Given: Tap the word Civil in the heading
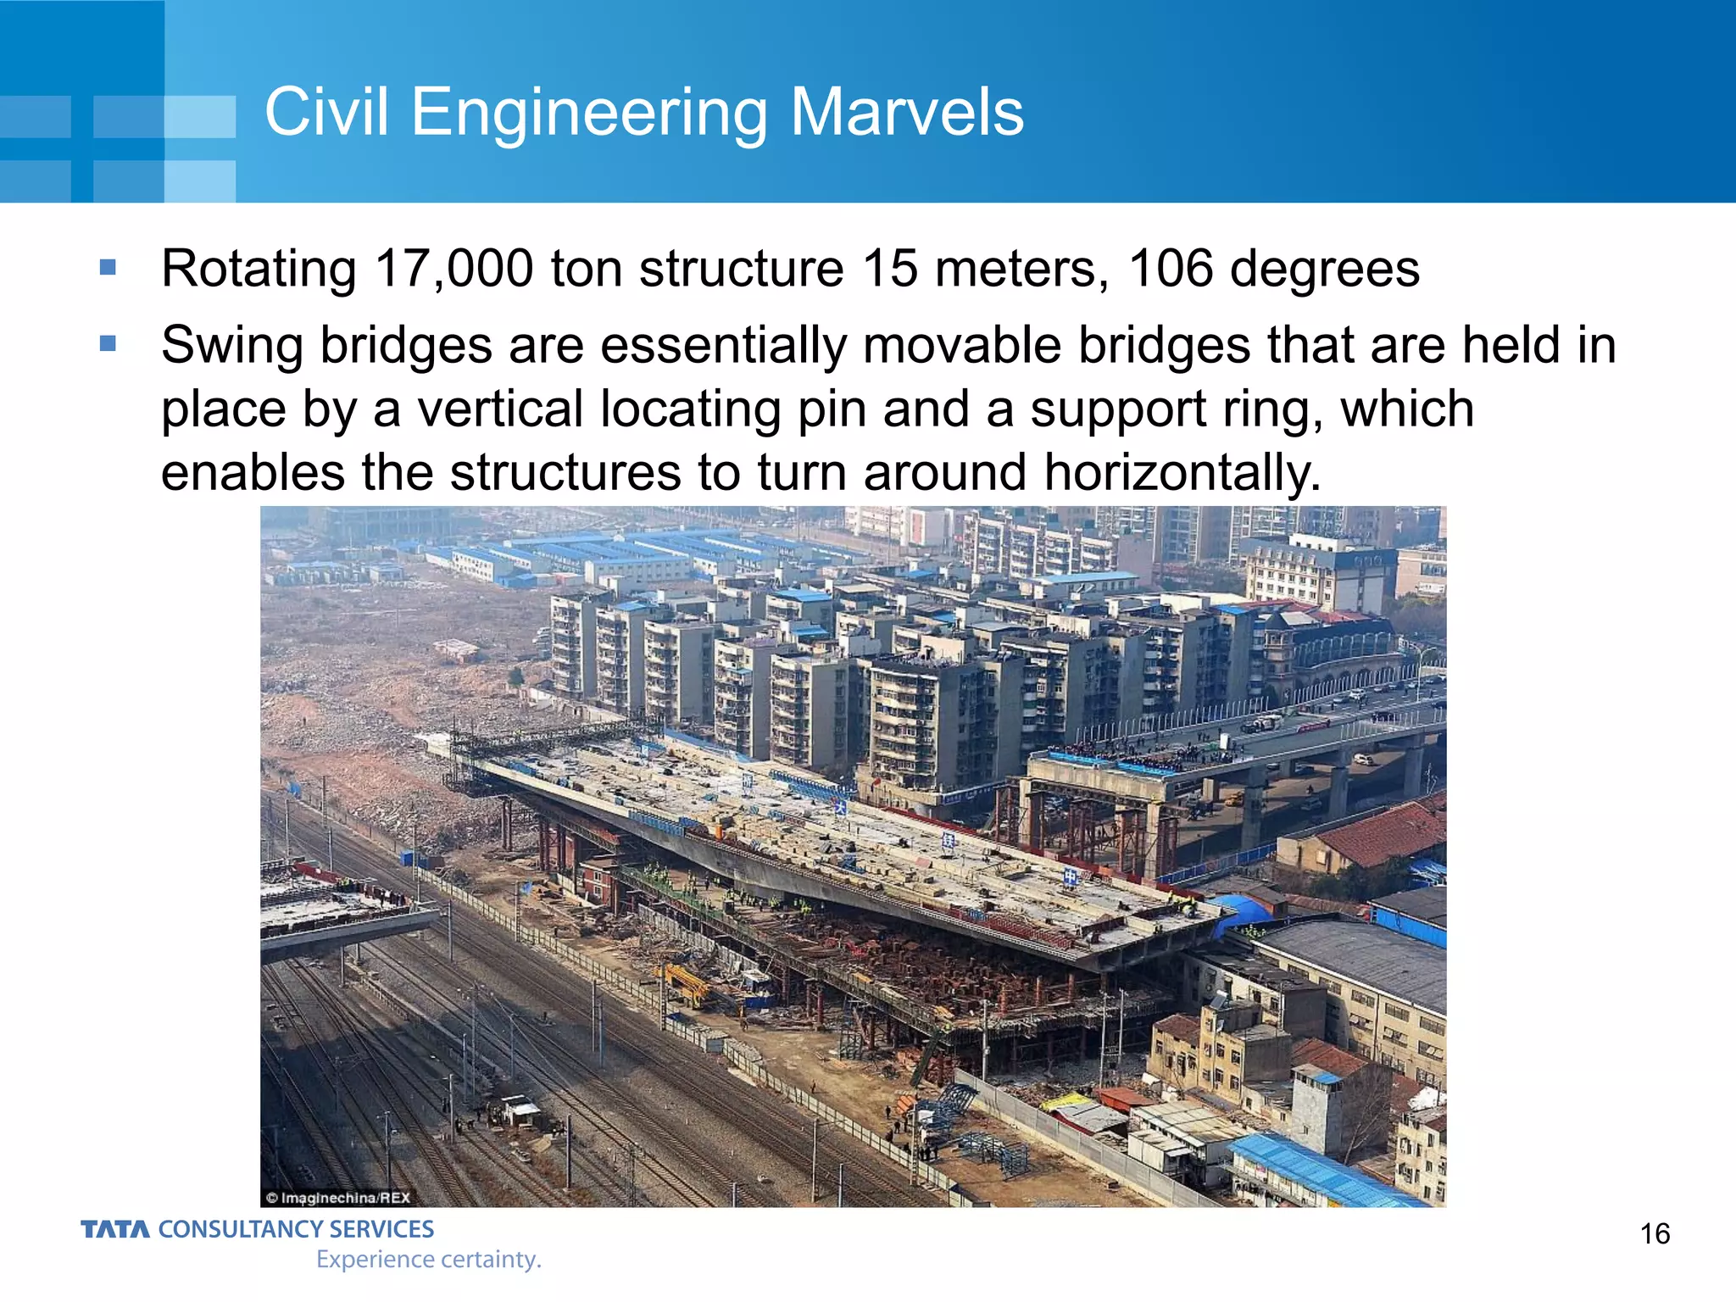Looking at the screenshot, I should pos(327,112).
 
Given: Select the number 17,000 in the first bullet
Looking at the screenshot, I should pos(453,269).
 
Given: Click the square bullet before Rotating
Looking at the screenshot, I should pos(108,268).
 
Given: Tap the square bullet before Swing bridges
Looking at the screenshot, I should pos(108,343).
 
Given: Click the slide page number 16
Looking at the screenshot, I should pos(1655,1233).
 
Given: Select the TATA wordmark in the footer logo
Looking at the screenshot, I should pos(115,1229).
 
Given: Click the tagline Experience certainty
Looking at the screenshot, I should pos(428,1260).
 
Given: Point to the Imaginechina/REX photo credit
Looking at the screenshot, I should pos(338,1198).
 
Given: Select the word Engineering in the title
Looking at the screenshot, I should pos(589,112).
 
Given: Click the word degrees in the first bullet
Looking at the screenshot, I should pos(1324,269).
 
